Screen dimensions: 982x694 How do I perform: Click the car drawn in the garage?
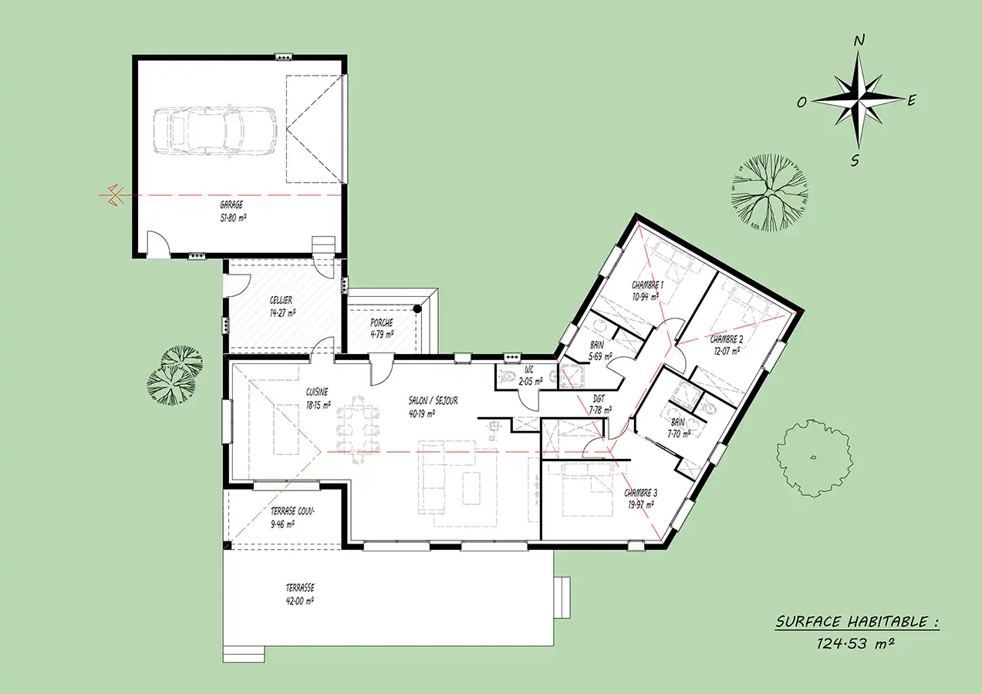coord(215,130)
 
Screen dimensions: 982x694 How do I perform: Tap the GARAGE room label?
coord(231,204)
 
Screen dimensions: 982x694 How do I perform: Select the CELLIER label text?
coord(281,300)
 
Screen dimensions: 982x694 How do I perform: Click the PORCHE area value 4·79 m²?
coord(382,335)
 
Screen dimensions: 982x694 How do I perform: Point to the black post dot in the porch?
coord(417,309)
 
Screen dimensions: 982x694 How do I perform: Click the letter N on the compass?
coord(859,41)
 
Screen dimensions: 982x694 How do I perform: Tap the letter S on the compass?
coord(855,161)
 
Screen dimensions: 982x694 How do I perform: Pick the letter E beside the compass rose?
coord(912,101)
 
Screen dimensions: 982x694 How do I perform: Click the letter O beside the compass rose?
coord(801,103)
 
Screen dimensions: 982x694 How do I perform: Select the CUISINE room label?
coord(317,392)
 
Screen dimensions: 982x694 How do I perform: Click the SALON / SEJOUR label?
coord(433,400)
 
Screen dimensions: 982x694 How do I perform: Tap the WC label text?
coord(529,370)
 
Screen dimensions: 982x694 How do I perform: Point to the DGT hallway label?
coord(599,399)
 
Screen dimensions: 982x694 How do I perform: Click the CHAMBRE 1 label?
coord(647,285)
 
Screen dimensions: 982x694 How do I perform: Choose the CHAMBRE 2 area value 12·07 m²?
coord(727,351)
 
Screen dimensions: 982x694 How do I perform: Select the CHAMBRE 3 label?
coord(640,493)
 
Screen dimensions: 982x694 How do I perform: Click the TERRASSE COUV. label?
coord(292,511)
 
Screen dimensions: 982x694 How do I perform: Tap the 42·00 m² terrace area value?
coord(300,601)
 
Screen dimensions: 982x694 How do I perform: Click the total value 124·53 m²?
coord(855,644)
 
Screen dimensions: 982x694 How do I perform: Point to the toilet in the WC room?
coord(508,376)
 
